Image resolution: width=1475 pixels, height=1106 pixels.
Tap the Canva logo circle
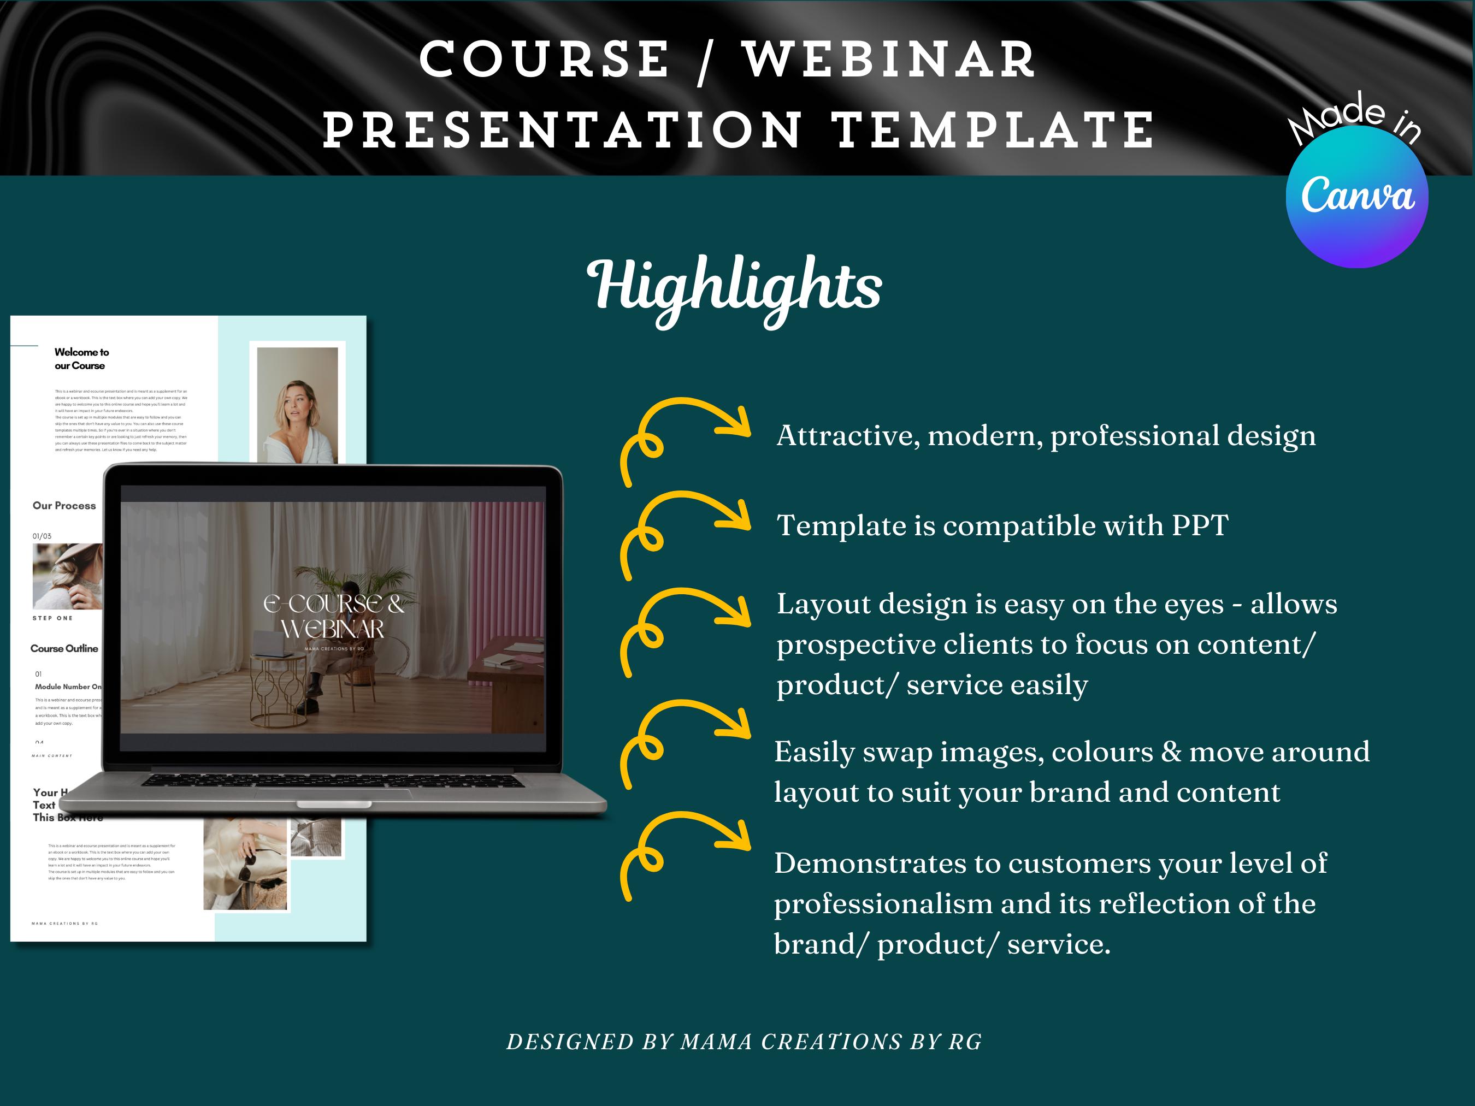pos(1356,197)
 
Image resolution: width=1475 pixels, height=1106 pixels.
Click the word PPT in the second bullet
pos(1200,526)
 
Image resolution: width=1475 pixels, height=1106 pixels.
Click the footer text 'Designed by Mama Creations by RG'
pos(744,1042)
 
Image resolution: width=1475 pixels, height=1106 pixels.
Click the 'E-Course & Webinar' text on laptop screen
pos(333,616)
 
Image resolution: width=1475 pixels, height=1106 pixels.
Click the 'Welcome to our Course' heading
pos(81,359)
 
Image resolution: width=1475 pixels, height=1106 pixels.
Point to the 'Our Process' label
pos(64,506)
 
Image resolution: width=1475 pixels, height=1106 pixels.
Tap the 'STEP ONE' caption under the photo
pos(52,618)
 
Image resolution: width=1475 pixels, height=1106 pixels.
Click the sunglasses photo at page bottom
pos(246,866)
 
